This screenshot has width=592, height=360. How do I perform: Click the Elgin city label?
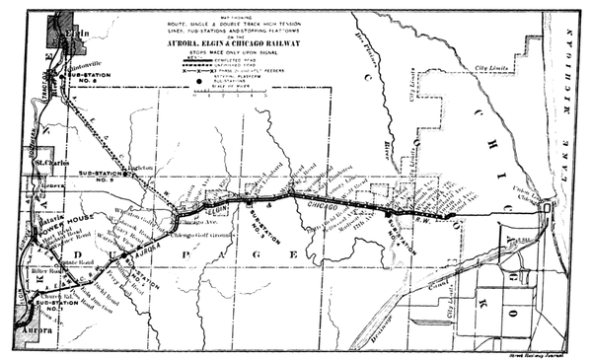[68, 32]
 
